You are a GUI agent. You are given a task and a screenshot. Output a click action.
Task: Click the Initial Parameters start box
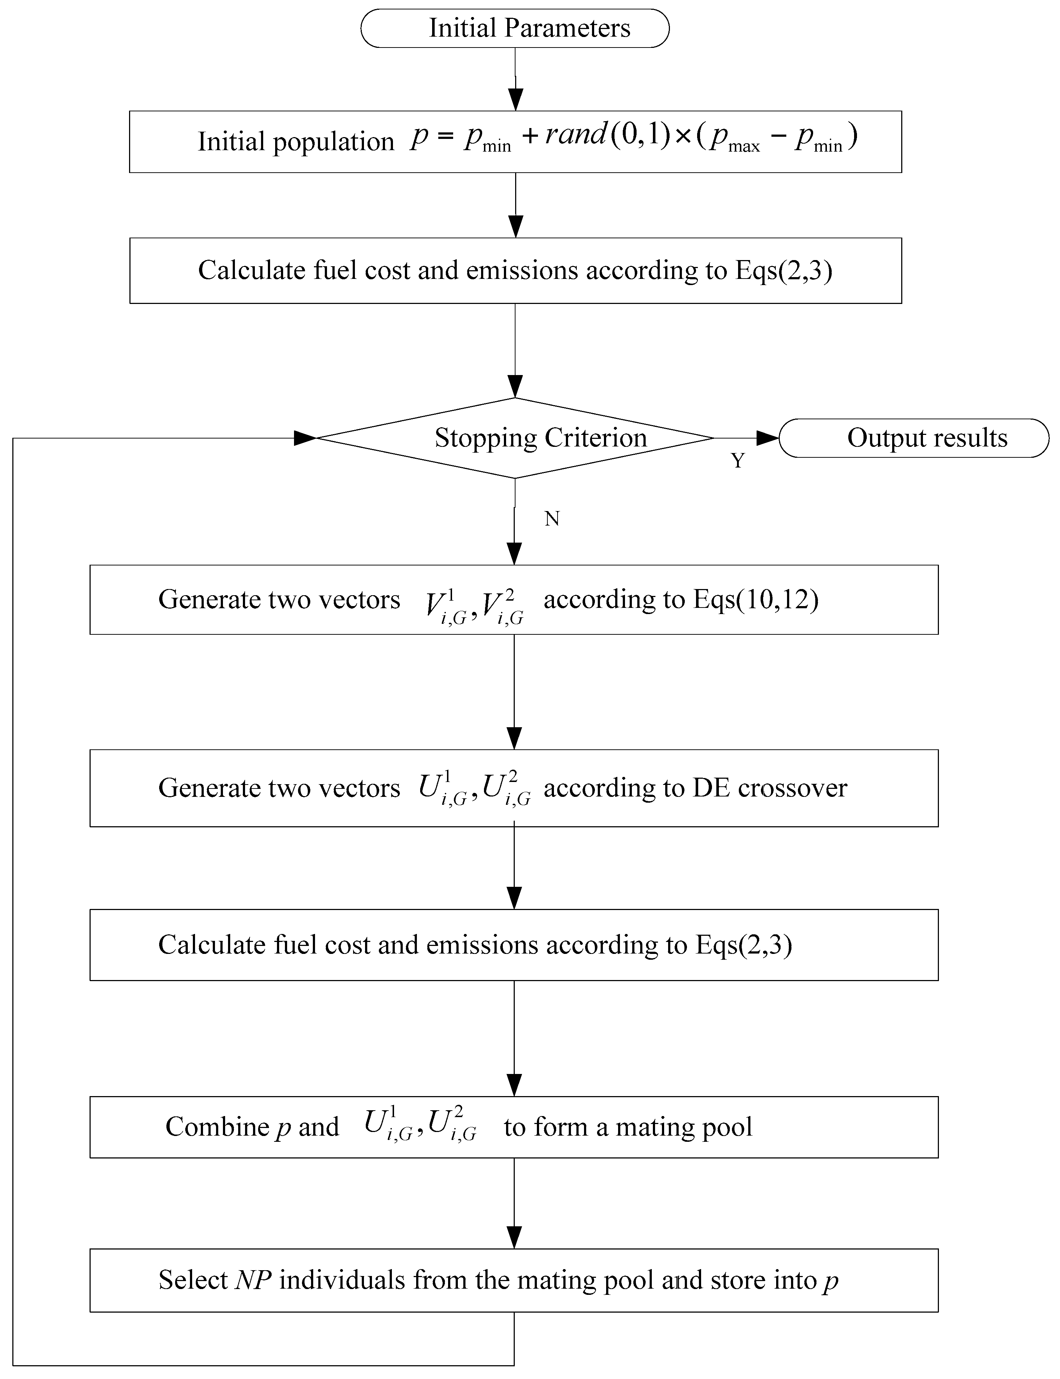[x=515, y=28]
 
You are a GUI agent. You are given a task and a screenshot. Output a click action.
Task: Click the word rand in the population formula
[x=575, y=135]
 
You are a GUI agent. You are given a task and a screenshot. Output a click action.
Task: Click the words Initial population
[x=295, y=141]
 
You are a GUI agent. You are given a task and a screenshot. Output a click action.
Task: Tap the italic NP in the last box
[x=253, y=1280]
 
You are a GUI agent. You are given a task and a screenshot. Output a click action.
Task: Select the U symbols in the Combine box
[x=419, y=1127]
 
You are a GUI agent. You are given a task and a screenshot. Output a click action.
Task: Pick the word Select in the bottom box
[x=192, y=1280]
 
